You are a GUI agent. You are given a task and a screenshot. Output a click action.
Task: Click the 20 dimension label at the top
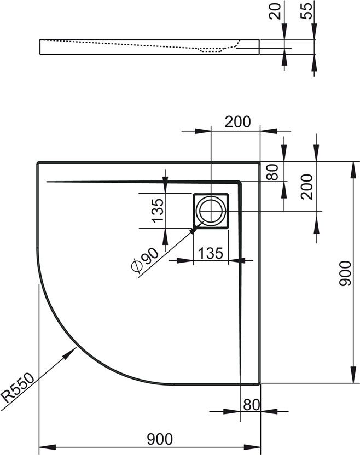[275, 11]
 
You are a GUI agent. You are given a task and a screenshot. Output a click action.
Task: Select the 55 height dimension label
[306, 11]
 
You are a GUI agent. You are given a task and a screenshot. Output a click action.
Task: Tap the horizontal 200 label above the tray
[237, 122]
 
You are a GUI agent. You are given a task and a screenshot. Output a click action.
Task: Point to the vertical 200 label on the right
[307, 186]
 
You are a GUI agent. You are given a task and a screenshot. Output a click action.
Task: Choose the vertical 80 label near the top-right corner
[272, 172]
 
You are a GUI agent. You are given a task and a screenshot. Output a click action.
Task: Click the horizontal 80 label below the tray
[252, 405]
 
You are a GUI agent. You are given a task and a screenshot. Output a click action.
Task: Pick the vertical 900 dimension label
[345, 273]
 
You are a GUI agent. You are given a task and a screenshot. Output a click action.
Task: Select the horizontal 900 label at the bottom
[160, 439]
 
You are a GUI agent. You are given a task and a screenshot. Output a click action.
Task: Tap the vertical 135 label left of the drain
[158, 211]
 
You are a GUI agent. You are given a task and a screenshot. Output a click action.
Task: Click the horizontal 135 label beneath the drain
[211, 253]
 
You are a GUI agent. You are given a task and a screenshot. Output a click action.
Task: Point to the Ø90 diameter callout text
[145, 260]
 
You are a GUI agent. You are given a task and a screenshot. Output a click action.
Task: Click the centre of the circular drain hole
[211, 211]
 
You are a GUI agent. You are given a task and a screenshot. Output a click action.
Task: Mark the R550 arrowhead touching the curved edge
[70, 353]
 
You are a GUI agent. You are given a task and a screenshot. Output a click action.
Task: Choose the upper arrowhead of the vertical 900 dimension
[353, 170]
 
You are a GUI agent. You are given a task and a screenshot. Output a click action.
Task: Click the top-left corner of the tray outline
[38, 163]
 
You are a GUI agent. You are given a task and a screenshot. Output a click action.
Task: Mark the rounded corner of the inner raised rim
[239, 183]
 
